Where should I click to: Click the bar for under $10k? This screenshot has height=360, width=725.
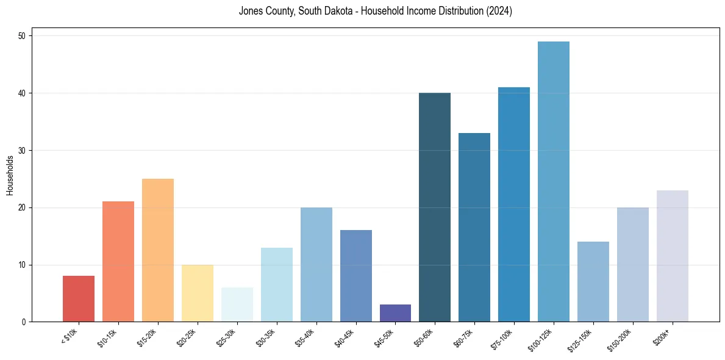point(79,299)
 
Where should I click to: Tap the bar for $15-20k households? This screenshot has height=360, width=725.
point(158,250)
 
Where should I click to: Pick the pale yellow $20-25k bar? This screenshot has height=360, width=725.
point(198,293)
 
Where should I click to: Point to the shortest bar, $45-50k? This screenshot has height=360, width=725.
point(395,313)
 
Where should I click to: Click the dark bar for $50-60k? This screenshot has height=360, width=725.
point(435,207)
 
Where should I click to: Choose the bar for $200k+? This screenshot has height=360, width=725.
point(673,256)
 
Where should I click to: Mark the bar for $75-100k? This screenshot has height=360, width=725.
point(514,204)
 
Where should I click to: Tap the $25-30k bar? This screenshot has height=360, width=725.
point(237,304)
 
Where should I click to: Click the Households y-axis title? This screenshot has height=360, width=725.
point(10,175)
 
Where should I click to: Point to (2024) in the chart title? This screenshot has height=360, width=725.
point(499,11)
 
